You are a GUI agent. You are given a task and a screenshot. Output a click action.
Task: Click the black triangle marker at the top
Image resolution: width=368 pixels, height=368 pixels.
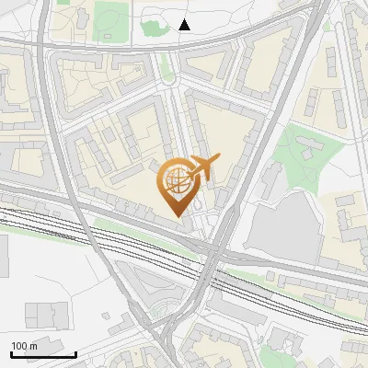click(x=185, y=25)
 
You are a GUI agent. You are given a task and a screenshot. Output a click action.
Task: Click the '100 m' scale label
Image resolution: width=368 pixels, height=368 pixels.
click(x=24, y=346)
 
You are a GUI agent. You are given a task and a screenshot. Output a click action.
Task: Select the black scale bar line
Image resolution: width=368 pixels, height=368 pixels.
click(x=43, y=355)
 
